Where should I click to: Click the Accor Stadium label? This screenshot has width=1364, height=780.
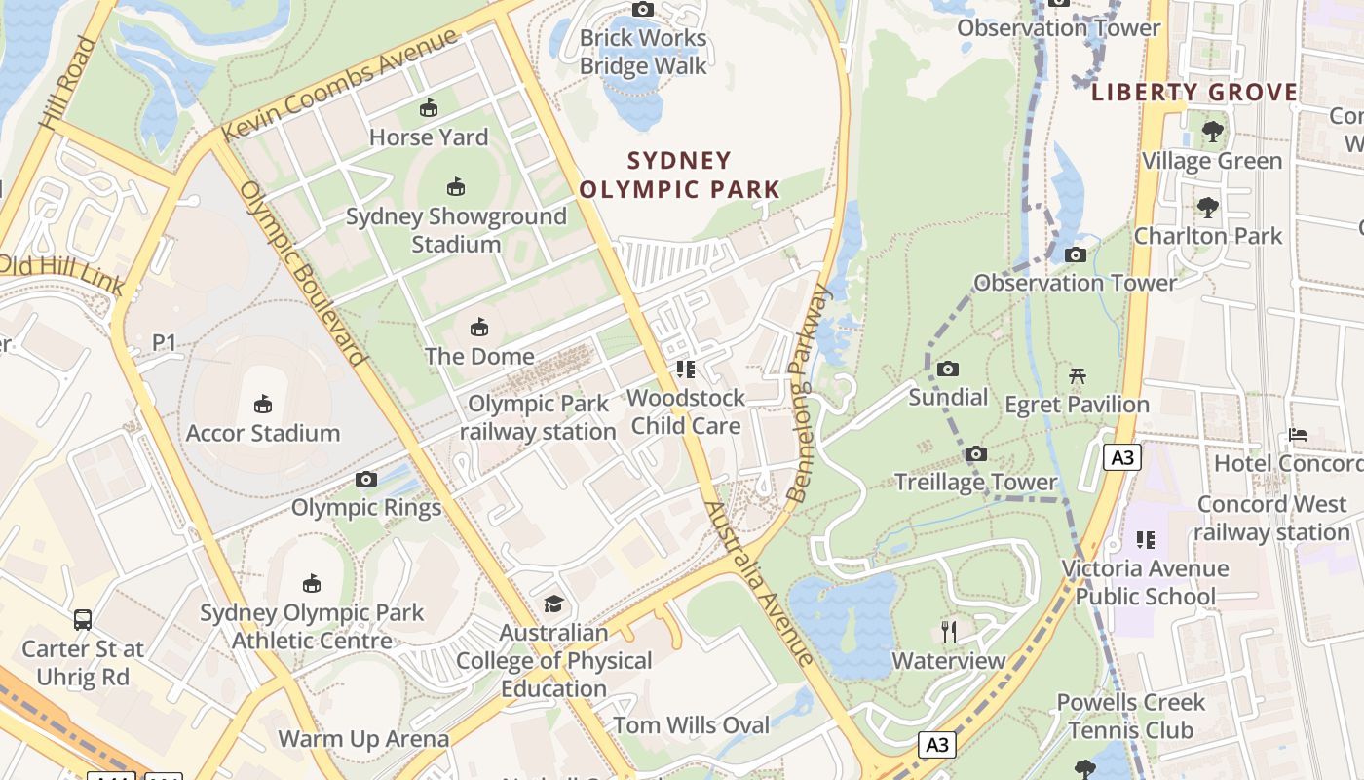click(x=263, y=433)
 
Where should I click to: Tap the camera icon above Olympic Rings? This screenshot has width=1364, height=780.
click(x=366, y=479)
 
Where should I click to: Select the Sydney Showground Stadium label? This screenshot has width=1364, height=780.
click(x=456, y=230)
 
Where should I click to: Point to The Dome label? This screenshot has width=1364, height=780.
click(x=479, y=356)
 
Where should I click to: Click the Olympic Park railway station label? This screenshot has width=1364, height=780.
click(x=538, y=417)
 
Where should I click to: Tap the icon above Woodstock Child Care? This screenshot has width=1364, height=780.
click(x=685, y=369)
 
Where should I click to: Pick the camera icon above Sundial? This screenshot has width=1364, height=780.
click(x=948, y=369)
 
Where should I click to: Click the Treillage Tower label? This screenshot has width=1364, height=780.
click(x=975, y=482)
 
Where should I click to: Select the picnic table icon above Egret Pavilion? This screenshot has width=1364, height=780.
click(x=1077, y=375)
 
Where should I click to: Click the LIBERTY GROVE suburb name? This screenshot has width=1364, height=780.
click(x=1194, y=93)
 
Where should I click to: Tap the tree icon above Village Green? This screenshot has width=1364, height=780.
click(x=1212, y=131)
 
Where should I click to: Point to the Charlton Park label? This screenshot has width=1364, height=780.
click(x=1208, y=236)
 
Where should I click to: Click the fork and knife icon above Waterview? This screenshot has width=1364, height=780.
click(x=949, y=632)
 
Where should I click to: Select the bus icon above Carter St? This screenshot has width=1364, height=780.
click(x=83, y=619)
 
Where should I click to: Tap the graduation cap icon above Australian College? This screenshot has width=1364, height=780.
click(x=553, y=604)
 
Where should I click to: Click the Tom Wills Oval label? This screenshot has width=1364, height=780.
click(x=691, y=725)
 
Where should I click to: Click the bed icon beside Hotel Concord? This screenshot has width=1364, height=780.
click(x=1297, y=434)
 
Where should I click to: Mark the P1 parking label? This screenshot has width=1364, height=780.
click(x=164, y=342)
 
